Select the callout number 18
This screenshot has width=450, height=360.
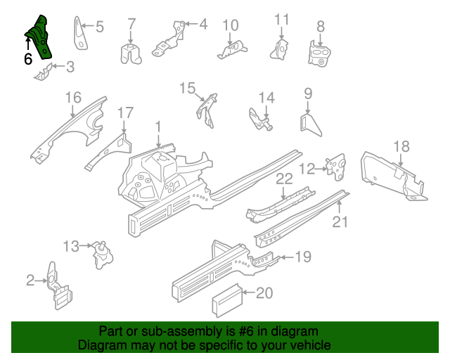(x=401, y=146)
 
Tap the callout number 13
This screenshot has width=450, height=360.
(x=71, y=245)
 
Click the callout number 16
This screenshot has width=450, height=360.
(x=73, y=98)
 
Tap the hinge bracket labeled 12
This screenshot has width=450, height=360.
(x=337, y=166)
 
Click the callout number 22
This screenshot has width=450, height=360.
(x=283, y=179)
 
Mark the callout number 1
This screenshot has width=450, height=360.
(x=158, y=127)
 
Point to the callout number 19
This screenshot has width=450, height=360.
(x=302, y=257)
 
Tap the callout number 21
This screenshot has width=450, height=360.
(x=340, y=223)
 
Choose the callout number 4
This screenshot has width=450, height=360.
(x=202, y=25)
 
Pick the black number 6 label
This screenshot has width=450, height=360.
(x=28, y=59)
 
